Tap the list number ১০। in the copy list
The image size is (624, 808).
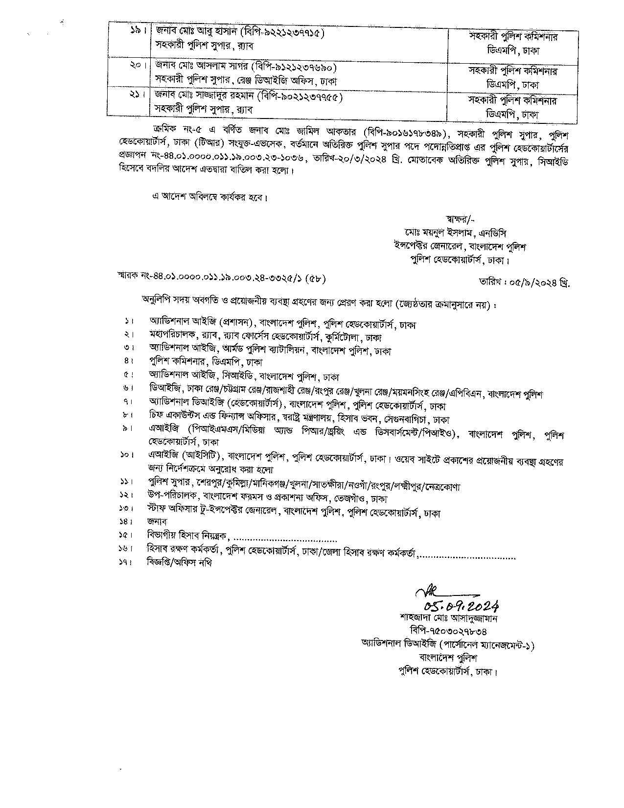[126, 455]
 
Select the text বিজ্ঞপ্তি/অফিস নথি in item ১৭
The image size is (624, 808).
[180, 563]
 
